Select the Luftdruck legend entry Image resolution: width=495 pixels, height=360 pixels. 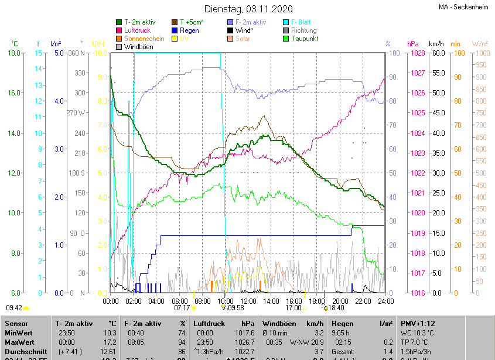137,30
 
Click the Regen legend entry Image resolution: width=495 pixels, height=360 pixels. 189,30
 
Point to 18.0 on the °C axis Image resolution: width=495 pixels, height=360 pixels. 15,53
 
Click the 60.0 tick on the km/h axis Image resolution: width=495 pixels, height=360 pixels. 436,53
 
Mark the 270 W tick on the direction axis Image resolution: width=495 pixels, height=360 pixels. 77,113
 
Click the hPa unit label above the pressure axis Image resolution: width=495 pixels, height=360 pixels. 412,44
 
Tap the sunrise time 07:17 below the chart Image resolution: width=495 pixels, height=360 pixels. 182,307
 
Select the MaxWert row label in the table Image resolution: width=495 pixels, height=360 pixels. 20,341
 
